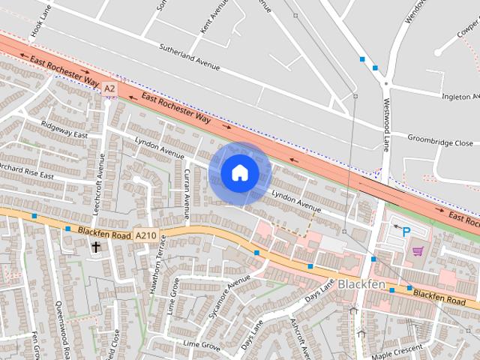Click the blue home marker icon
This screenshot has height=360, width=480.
click(x=239, y=173)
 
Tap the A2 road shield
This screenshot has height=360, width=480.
click(x=110, y=88)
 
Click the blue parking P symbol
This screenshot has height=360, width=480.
click(x=406, y=232)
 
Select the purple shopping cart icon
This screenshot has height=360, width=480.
click(x=418, y=251)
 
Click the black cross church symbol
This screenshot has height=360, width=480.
click(x=96, y=246)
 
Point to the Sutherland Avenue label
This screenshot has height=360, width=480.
click(x=190, y=56)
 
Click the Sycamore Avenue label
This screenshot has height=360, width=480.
click(x=229, y=296)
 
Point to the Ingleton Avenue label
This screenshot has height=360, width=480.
click(x=459, y=96)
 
